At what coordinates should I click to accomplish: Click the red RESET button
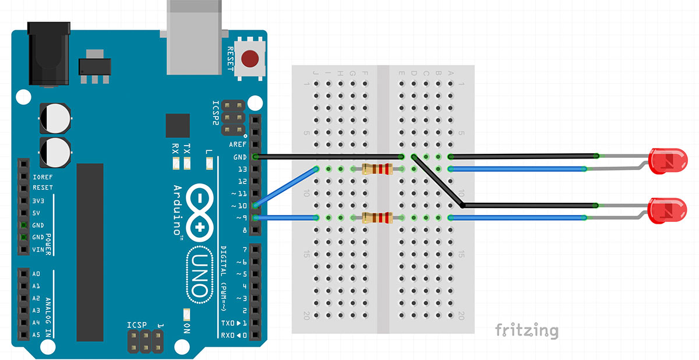[250, 59]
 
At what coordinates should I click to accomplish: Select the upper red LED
[665, 161]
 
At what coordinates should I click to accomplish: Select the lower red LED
[665, 210]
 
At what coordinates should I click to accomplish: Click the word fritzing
[526, 331]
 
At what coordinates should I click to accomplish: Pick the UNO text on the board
[198, 274]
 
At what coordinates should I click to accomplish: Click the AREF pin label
[238, 144]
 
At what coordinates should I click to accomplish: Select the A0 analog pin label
[36, 274]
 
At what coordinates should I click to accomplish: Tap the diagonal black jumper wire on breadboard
[437, 181]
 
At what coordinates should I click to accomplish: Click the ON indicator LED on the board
[187, 315]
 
